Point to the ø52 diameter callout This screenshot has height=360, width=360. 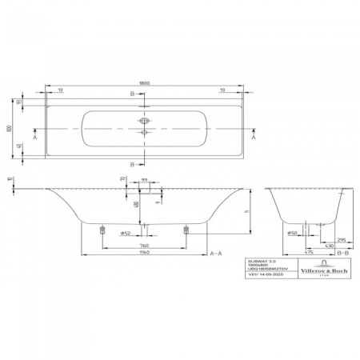125,233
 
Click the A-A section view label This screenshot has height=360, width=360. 215,252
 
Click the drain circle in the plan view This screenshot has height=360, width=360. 146,134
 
